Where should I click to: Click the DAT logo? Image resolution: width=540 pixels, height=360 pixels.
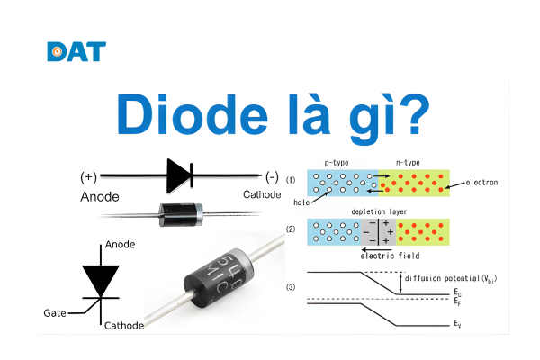pos(76,51)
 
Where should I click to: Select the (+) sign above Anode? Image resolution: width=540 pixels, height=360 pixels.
pos(88,175)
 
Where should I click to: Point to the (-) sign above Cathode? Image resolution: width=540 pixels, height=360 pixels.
pos(271,175)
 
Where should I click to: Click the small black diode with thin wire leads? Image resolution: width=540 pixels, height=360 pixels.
pos(179,213)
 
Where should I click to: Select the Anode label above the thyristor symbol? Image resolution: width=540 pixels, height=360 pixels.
pos(120,244)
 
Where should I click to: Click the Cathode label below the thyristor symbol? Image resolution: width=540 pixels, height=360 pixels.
pos(124,325)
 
